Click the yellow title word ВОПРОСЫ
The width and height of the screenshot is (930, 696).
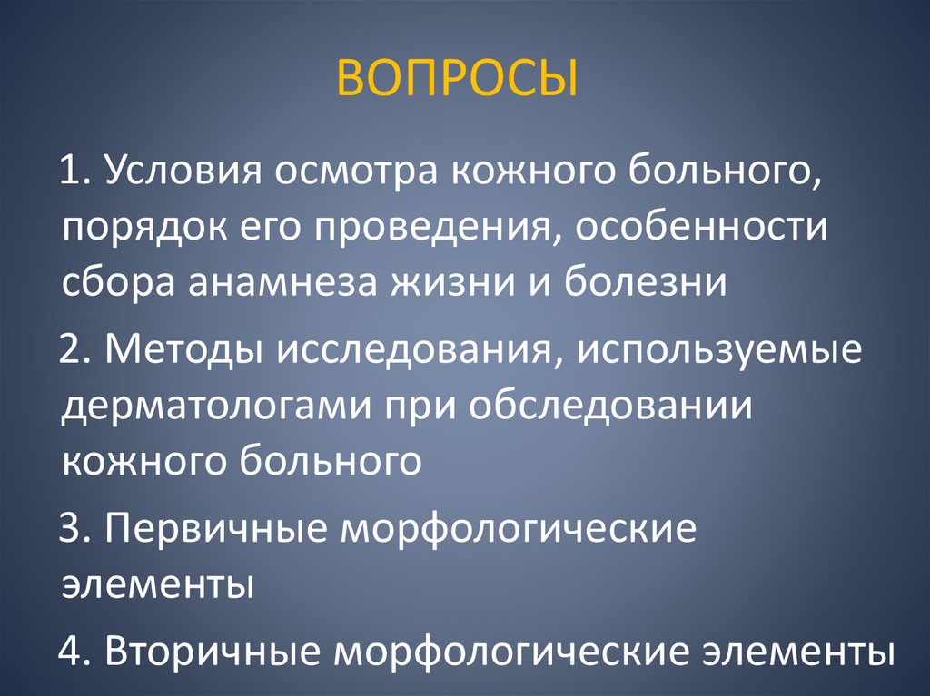pyautogui.click(x=458, y=79)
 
